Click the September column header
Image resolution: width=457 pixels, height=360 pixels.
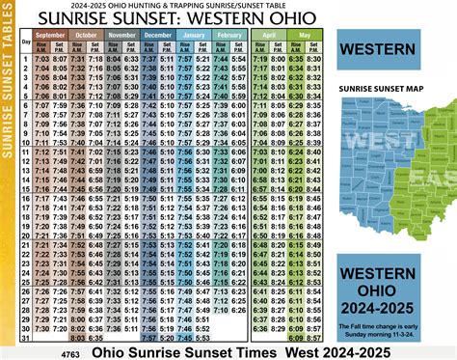pyautogui.click(x=55, y=35)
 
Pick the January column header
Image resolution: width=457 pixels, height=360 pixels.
pyautogui.click(x=196, y=35)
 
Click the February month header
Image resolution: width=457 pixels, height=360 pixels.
pyautogui.click(x=230, y=35)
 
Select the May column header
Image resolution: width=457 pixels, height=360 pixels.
pyautogui.click(x=305, y=35)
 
